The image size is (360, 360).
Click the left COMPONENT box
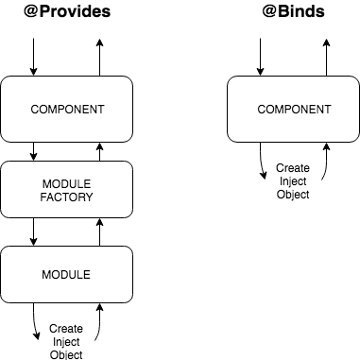coord(66,109)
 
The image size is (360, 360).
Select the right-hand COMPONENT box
coord(294,109)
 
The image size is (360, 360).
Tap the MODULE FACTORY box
coord(66,190)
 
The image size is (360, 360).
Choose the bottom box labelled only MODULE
coord(66,275)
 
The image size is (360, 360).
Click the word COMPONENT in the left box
coord(67,110)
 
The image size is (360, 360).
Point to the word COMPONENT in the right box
coord(295,110)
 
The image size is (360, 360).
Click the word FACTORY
coord(67,198)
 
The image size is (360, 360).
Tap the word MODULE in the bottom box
coord(66,275)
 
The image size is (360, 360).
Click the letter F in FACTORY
coord(43,198)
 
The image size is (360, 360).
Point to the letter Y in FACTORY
coord(90,198)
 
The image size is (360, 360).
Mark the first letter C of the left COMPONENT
coord(35,110)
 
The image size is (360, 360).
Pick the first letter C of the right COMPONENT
coord(263,110)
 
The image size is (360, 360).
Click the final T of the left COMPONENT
coord(100,110)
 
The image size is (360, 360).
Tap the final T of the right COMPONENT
coord(328,110)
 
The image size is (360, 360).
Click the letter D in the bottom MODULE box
coord(63,275)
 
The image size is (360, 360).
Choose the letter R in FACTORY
coord(81,198)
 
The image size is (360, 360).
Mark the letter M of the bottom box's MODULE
coord(46,275)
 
